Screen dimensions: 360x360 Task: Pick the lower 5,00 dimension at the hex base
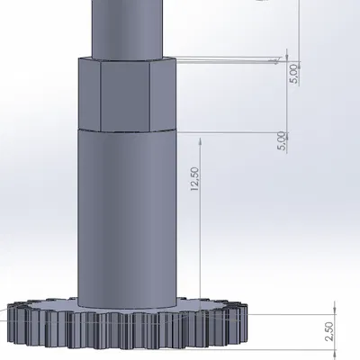tap(282, 141)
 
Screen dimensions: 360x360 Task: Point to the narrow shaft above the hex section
tap(126, 27)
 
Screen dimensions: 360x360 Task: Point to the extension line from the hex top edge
tap(225, 60)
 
